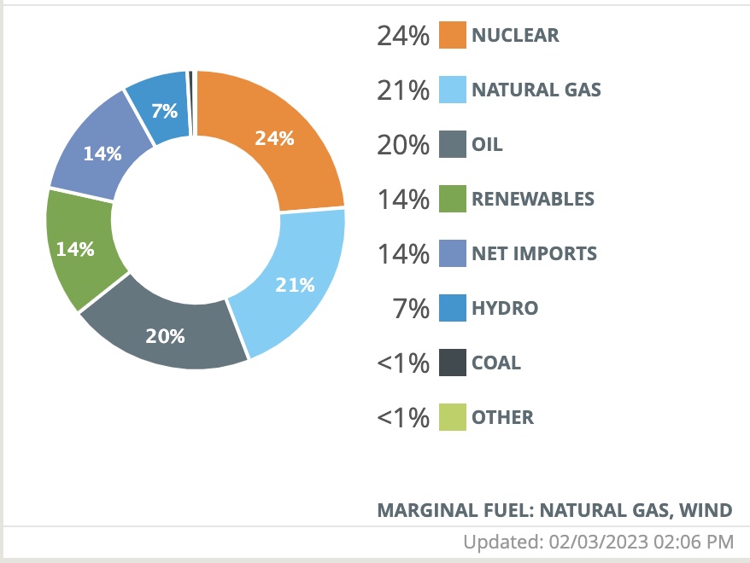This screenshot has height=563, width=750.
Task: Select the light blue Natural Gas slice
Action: pos(290,281)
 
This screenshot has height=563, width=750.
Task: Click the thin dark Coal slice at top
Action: pos(191,78)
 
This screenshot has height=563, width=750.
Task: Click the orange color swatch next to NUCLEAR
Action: pos(453,35)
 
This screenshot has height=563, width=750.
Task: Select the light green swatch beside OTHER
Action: pos(453,417)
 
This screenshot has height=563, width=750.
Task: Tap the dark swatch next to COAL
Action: pos(453,363)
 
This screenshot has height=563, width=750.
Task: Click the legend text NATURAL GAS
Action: pos(536,90)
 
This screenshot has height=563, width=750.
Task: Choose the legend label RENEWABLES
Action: pos(533,199)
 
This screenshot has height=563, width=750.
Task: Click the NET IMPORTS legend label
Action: pos(534,253)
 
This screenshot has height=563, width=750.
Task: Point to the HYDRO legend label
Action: pos(505,308)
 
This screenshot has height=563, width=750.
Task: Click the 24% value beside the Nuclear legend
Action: pos(402,36)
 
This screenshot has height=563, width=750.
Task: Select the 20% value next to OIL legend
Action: pos(402,145)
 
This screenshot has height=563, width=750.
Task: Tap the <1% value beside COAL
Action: pos(402,363)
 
